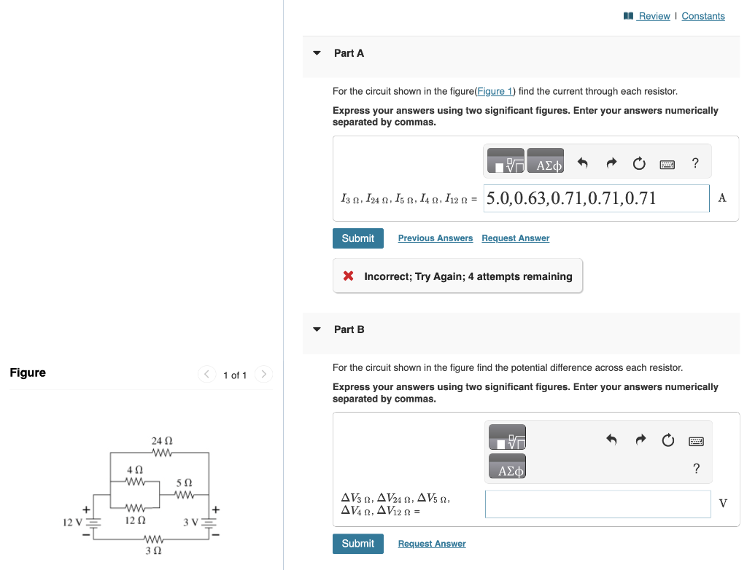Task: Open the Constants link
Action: [703, 16]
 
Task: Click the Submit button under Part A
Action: [357, 238]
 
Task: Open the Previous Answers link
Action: [435, 238]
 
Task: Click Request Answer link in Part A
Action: [515, 238]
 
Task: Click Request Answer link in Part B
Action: [431, 544]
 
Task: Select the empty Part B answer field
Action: [597, 504]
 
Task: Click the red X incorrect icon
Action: [349, 276]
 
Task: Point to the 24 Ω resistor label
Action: [162, 441]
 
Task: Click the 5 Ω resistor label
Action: [185, 483]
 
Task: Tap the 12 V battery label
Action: [71, 522]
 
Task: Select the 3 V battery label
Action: [191, 522]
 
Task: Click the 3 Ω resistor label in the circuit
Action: [153, 552]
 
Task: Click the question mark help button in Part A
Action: [695, 163]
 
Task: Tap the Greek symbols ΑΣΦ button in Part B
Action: [510, 470]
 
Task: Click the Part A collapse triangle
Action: [317, 53]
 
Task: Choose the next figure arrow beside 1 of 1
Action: [264, 375]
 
